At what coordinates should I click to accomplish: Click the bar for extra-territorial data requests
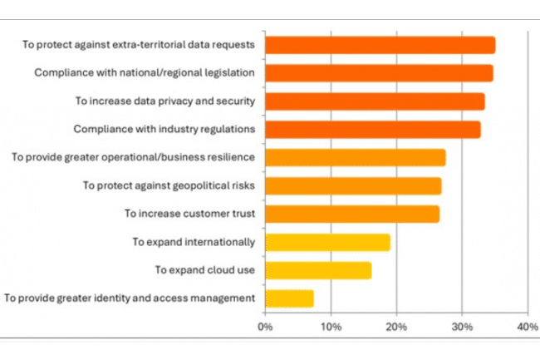tap(380, 45)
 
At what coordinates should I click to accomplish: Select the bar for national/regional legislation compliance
tap(379, 73)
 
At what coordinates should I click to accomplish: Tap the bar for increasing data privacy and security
tap(375, 101)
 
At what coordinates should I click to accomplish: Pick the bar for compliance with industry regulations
tap(372, 130)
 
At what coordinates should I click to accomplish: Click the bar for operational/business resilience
tap(355, 157)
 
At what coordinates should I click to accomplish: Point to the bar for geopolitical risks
tap(353, 185)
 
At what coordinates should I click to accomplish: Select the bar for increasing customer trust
tap(352, 214)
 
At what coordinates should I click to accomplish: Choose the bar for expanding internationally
tap(327, 242)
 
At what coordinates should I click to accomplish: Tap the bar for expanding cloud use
tap(318, 270)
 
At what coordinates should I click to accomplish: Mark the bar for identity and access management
tap(289, 298)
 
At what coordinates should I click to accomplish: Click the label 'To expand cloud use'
tap(205, 270)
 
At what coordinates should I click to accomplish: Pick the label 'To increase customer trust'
tap(189, 214)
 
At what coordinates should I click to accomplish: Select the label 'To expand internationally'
tap(194, 242)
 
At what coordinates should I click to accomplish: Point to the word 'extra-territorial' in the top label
tap(148, 45)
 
